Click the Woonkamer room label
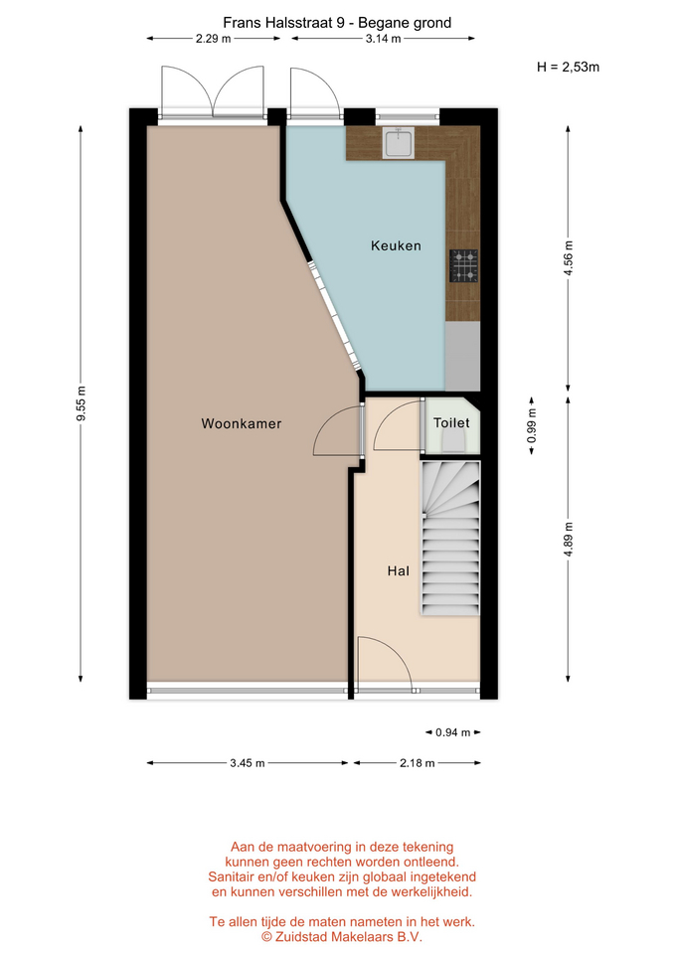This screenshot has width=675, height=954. pyautogui.click(x=241, y=423)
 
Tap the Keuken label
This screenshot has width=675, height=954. pyautogui.click(x=396, y=245)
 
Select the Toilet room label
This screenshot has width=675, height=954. pyautogui.click(x=451, y=422)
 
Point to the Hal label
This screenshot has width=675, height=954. pyautogui.click(x=398, y=570)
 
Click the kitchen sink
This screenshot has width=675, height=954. pyautogui.click(x=399, y=143)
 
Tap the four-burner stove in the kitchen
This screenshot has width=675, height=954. pyautogui.click(x=464, y=266)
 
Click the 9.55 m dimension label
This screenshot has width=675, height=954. pyautogui.click(x=82, y=403)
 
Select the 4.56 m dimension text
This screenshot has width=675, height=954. pyautogui.click(x=569, y=258)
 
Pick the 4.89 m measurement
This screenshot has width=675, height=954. pyautogui.click(x=569, y=539)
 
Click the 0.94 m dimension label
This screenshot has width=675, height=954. pyautogui.click(x=453, y=732)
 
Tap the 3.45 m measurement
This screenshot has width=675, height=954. pyautogui.click(x=248, y=763)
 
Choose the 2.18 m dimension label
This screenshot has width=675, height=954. pyautogui.click(x=417, y=763)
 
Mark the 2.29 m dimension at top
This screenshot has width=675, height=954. pyautogui.click(x=213, y=39)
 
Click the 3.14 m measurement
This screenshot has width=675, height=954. pyautogui.click(x=383, y=39)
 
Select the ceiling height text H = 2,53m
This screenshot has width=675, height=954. pyautogui.click(x=568, y=67)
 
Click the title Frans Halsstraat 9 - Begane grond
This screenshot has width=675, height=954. pyautogui.click(x=337, y=23)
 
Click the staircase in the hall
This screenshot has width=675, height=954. pyautogui.click(x=450, y=539)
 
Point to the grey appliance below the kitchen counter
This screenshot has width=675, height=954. pyautogui.click(x=462, y=357)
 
